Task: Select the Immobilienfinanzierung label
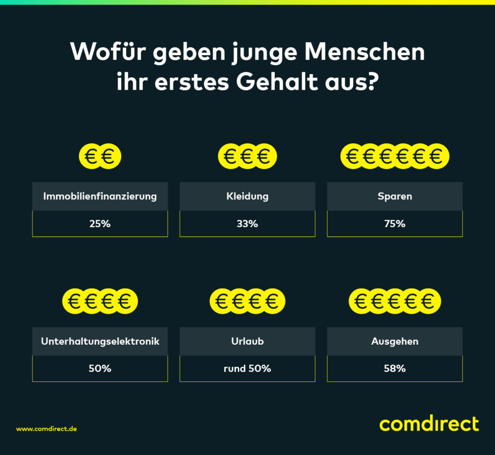click(100, 196)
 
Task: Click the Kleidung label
click(247, 196)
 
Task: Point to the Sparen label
click(395, 196)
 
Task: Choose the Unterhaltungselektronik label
click(100, 341)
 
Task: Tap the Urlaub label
click(247, 341)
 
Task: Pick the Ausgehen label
click(395, 341)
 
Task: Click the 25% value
click(100, 224)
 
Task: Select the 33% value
click(247, 224)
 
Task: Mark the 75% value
click(395, 224)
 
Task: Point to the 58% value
click(395, 368)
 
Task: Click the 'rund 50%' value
click(247, 368)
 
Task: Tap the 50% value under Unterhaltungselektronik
click(100, 368)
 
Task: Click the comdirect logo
click(429, 424)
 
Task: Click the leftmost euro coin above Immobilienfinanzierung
click(91, 156)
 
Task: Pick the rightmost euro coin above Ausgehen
click(428, 301)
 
